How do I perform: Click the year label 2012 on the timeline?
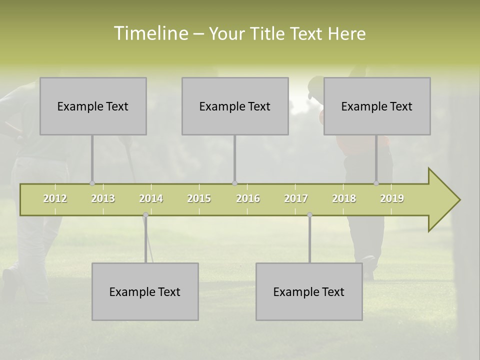coord(55,198)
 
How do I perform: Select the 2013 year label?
coord(103,198)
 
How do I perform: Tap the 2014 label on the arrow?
coord(151,198)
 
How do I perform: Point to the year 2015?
coord(199,198)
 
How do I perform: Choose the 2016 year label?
coord(248,198)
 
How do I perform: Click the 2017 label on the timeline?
coord(296,198)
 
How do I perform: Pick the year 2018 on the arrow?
coord(344,198)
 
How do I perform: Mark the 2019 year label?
coord(392,198)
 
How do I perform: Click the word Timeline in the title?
coord(150,33)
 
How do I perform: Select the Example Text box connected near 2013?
coord(93,106)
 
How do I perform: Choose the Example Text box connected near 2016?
coord(235,106)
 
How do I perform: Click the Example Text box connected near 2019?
coord(377,106)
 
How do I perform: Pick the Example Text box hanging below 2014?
coord(145,291)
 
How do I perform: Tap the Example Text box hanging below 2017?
coord(309,291)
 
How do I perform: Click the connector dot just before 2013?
coord(92,183)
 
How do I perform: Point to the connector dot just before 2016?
coord(234,183)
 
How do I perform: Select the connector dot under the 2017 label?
coord(309,215)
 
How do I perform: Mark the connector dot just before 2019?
coord(376,183)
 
